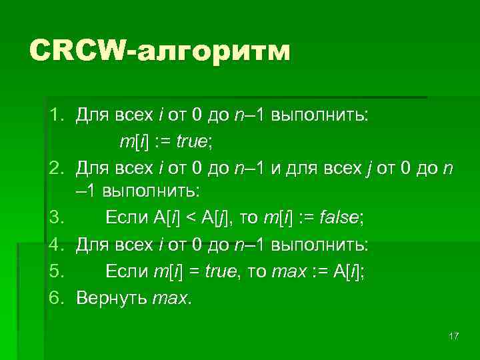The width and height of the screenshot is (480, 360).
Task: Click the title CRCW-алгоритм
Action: (x=160, y=51)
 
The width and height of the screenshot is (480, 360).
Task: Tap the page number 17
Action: (x=454, y=335)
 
